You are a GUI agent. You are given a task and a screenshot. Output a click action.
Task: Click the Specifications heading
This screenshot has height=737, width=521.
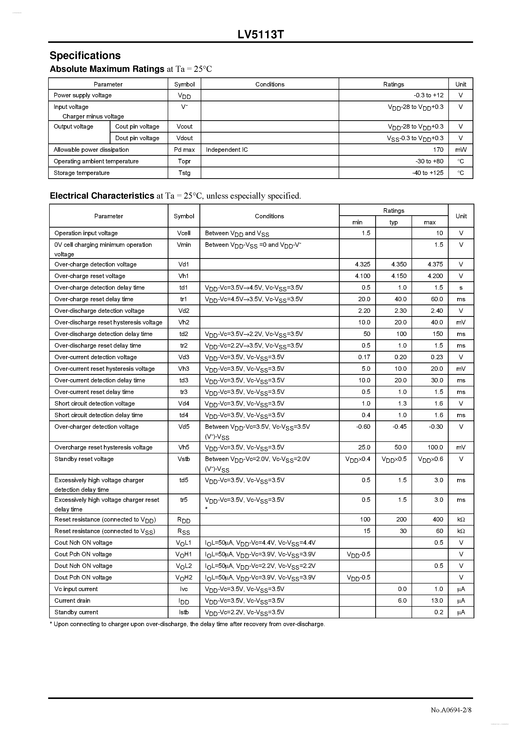point(85,55)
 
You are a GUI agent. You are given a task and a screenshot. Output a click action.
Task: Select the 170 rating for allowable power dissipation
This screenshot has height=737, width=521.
point(438,149)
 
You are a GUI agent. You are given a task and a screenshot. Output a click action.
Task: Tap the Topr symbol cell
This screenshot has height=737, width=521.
point(184,161)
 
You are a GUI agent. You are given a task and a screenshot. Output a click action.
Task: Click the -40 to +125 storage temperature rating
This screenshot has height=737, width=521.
point(427,173)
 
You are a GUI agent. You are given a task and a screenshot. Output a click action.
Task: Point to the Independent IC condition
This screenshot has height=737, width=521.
point(227,149)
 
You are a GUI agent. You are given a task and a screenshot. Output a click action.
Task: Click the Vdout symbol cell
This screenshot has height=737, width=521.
point(184,138)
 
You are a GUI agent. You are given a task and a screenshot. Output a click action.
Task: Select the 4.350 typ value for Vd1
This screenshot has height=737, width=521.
point(399,264)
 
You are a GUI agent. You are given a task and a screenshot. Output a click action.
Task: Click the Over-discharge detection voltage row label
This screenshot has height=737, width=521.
point(99,311)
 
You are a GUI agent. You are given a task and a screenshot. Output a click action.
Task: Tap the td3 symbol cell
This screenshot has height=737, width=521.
point(184,380)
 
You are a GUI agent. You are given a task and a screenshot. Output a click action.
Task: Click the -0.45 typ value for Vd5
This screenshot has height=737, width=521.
point(399,427)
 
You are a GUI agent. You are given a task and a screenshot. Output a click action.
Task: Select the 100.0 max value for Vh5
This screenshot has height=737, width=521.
point(435,447)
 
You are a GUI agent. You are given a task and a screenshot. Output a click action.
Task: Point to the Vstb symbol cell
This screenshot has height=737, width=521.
point(184,459)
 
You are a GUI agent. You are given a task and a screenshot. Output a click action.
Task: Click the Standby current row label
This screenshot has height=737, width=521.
point(76,612)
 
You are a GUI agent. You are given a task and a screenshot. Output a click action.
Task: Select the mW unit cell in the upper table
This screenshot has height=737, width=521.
point(461,149)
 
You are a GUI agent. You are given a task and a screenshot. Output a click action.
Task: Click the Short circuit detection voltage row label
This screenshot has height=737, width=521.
point(94,404)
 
